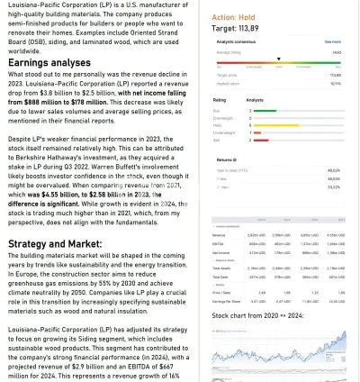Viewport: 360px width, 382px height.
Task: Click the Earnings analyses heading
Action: (x=49, y=63)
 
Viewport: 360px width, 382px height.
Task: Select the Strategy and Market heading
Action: (x=55, y=244)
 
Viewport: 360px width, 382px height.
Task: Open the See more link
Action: (x=332, y=41)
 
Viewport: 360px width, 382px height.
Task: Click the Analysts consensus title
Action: (x=237, y=41)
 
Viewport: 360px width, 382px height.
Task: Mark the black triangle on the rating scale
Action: (x=278, y=59)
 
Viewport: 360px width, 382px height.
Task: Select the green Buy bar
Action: (x=264, y=111)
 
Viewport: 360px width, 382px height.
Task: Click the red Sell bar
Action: (x=257, y=140)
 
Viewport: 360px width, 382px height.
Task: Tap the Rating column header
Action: (x=220, y=100)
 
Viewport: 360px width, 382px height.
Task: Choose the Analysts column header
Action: (x=255, y=100)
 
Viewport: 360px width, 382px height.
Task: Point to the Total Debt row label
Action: (x=220, y=277)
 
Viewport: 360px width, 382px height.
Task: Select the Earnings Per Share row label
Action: (x=226, y=302)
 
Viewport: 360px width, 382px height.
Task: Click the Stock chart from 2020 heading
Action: (x=257, y=317)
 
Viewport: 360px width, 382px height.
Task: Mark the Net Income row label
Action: (x=221, y=253)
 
